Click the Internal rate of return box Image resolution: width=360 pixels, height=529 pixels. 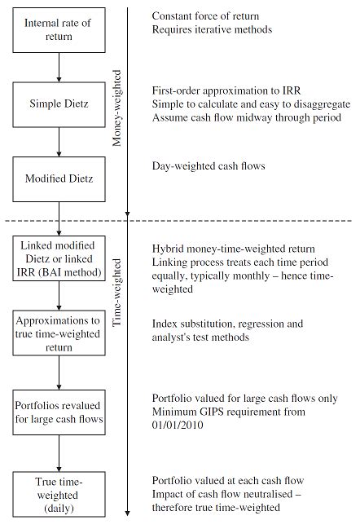[59, 29]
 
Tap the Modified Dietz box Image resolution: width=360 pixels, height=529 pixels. [59, 177]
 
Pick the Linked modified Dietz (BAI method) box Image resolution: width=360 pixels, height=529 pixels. [59, 260]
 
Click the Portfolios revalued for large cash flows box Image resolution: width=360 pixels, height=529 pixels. [59, 408]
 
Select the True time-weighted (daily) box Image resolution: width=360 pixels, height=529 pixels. [59, 493]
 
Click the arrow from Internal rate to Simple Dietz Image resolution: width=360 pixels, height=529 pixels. [59, 66]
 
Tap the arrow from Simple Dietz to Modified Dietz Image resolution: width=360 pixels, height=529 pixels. [59, 140]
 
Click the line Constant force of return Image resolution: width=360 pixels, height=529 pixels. [210, 16]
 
